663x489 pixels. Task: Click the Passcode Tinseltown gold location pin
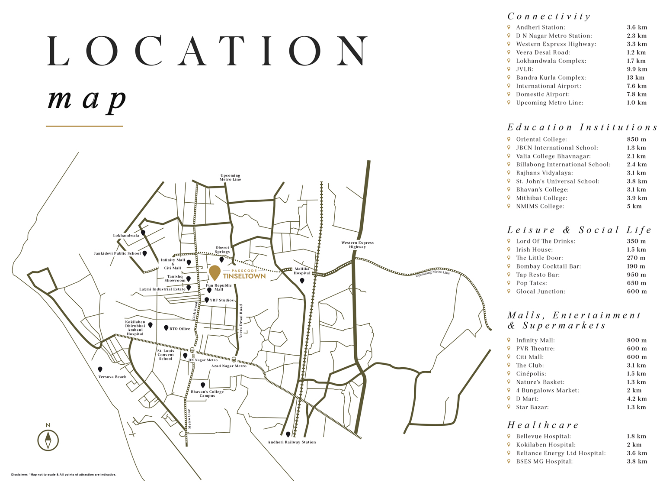tap(215, 272)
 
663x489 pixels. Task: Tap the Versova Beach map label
tap(112, 377)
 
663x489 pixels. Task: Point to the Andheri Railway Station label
tap(291, 442)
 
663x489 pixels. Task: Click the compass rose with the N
tap(48, 440)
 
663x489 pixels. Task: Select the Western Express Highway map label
tap(357, 245)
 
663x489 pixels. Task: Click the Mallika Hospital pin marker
tap(302, 281)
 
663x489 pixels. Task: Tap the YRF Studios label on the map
tap(221, 300)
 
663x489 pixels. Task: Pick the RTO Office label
tap(179, 329)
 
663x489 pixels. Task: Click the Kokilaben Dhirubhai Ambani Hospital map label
tap(135, 328)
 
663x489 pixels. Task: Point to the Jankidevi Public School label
tap(117, 253)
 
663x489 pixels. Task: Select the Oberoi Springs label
tap(222, 250)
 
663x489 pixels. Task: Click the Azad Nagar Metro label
tap(228, 366)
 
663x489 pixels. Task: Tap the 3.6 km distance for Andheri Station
tap(637, 27)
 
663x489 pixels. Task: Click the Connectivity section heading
tap(548, 16)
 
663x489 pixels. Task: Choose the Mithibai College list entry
tap(541, 198)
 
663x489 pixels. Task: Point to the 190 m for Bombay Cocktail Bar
tap(636, 266)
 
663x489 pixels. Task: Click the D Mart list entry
tap(527, 399)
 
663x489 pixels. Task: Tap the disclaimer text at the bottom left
tap(64, 475)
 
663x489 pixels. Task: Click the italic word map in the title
tap(86, 100)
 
